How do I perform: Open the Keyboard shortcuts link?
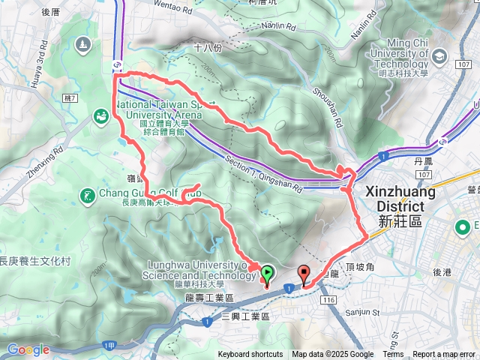[250, 355]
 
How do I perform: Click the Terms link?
[393, 355]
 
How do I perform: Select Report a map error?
[444, 355]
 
